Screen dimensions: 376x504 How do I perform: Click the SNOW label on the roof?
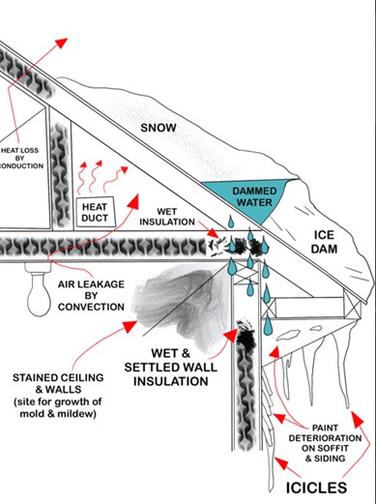(159, 128)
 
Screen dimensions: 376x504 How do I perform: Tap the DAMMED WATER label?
(254, 196)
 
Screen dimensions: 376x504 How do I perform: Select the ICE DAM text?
(324, 242)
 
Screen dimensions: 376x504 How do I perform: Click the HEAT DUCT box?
(96, 212)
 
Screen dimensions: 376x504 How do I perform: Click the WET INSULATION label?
(167, 217)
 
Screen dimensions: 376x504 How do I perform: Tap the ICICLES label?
(316, 488)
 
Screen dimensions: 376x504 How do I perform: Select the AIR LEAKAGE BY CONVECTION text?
(91, 295)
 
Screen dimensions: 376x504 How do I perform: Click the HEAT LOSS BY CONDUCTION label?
(20, 158)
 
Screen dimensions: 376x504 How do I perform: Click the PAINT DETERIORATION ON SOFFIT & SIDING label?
(325, 443)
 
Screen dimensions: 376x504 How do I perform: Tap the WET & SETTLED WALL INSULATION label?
(171, 367)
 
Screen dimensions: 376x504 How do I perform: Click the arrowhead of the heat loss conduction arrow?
(61, 43)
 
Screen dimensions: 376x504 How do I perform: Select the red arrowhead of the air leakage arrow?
(133, 201)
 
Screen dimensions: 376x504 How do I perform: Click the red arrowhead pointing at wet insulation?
(213, 233)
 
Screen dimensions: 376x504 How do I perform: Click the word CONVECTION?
(91, 307)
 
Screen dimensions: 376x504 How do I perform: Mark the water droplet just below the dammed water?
(231, 222)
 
